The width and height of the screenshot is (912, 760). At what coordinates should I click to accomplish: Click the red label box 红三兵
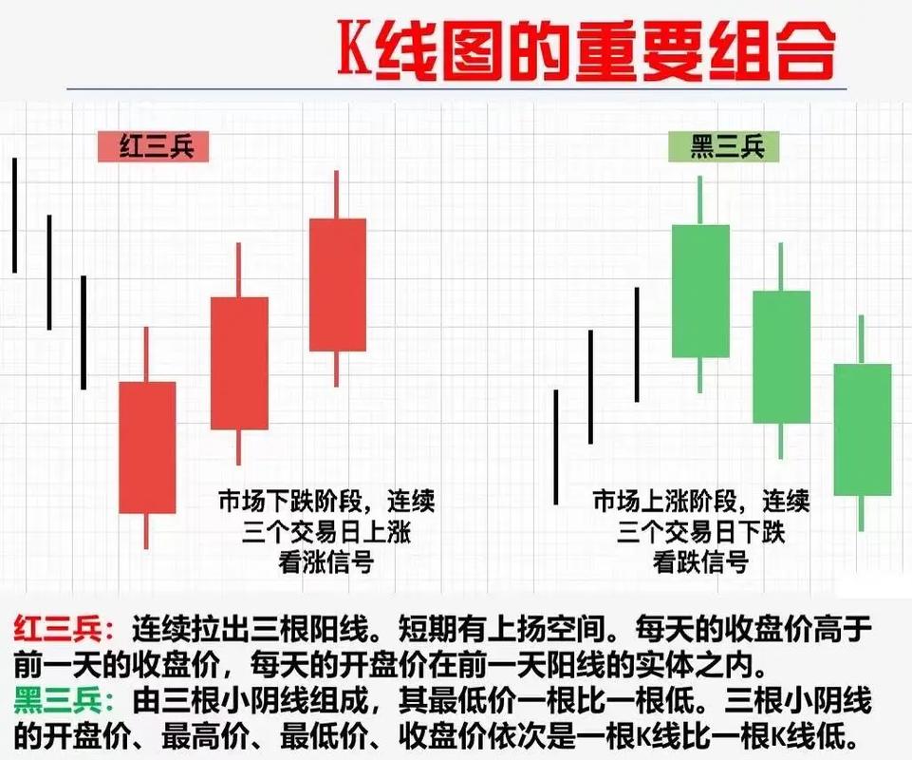click(152, 147)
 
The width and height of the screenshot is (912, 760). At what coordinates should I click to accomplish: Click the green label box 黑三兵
click(724, 147)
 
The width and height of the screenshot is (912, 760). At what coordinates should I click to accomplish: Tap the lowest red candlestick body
click(147, 446)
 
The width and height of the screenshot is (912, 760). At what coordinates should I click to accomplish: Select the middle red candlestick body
click(239, 363)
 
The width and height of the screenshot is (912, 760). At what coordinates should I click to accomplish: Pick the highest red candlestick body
click(337, 284)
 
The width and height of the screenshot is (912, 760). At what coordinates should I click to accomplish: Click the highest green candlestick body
click(700, 291)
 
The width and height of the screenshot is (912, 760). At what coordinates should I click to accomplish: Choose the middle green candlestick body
click(781, 356)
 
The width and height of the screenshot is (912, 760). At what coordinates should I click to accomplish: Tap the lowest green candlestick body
click(862, 428)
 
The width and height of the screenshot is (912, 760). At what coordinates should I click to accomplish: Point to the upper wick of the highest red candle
click(336, 195)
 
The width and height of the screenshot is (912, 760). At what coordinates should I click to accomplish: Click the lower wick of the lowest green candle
click(861, 513)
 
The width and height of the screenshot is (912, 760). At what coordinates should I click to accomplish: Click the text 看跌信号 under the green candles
click(700, 561)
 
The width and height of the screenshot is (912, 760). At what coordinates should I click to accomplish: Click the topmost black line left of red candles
click(15, 215)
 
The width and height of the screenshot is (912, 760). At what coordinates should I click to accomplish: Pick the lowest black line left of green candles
click(556, 446)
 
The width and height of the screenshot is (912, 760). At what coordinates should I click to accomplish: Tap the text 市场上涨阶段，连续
click(700, 500)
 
